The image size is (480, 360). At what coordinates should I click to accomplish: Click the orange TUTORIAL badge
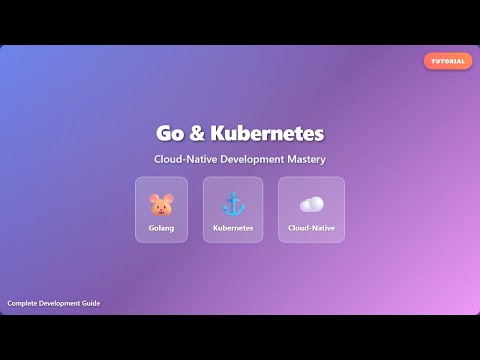tap(448, 61)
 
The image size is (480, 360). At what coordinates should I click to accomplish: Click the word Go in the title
tap(169, 133)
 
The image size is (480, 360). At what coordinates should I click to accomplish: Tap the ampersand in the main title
tap(196, 133)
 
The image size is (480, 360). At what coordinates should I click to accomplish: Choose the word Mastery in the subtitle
tap(306, 159)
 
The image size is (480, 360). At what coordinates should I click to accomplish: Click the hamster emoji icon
tap(161, 205)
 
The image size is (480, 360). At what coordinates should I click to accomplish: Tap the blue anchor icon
tap(233, 204)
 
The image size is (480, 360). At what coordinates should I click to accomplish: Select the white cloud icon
tap(311, 205)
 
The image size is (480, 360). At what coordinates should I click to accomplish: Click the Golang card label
tap(161, 228)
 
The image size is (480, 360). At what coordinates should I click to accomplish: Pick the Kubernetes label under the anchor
tap(233, 228)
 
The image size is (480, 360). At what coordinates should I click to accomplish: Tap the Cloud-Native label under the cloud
tap(311, 228)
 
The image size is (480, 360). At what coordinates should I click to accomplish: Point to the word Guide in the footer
tap(89, 303)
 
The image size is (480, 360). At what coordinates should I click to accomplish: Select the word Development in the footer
tap(59, 303)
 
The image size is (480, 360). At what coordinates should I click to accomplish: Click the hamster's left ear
tap(153, 197)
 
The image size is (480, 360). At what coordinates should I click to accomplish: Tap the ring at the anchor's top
tap(233, 195)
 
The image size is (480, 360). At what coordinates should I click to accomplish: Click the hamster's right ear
tap(169, 197)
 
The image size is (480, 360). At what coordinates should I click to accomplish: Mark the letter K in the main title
tap(218, 133)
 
